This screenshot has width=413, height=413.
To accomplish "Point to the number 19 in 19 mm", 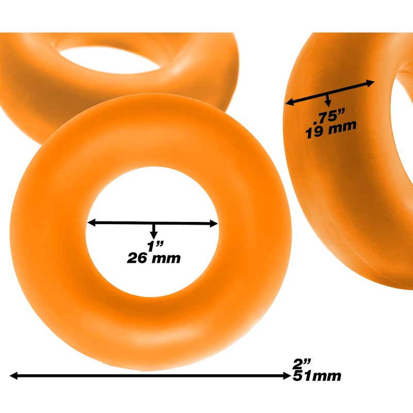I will pos(314,131).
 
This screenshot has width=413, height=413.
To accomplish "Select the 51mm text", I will pos(316,376).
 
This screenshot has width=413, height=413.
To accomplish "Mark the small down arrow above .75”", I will pos(327,103).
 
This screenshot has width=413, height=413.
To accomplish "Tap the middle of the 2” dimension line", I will pos(150,376).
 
